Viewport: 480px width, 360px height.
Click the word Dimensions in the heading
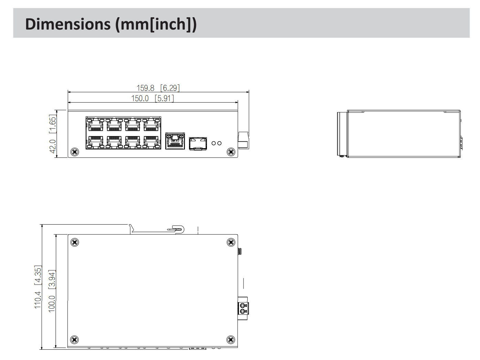coord(68,24)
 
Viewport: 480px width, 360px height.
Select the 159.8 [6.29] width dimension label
coord(158,88)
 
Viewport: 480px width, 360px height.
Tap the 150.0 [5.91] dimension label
coord(153,99)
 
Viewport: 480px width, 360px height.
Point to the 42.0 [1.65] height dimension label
coord(52,134)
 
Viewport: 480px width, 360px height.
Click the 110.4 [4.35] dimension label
coord(38,287)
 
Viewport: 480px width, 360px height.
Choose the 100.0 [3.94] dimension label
coord(52,291)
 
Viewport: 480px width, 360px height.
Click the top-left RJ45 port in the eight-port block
coord(96,125)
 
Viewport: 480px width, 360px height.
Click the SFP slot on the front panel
coord(198,143)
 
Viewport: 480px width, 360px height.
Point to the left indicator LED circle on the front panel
coord(213,143)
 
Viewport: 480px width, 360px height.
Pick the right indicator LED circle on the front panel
coord(219,143)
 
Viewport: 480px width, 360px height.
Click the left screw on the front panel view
coord(74,152)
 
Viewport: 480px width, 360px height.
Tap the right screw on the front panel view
coord(231,152)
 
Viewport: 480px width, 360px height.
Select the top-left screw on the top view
coord(74,242)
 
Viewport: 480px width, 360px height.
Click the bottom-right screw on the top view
coord(231,340)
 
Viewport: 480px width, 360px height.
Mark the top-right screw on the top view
coord(231,242)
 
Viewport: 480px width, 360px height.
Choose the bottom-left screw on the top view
coord(74,340)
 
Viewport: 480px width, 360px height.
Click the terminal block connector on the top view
coord(243,308)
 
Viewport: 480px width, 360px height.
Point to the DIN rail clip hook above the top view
coord(177,229)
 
